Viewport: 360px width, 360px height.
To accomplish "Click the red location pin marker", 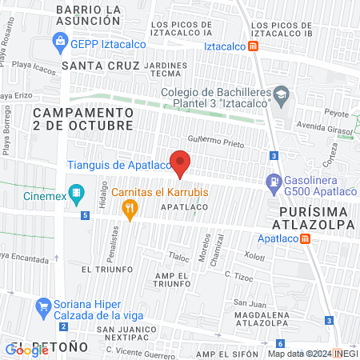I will pyautogui.click(x=181, y=164).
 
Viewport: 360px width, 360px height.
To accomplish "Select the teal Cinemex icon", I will pyautogui.click(x=77, y=193).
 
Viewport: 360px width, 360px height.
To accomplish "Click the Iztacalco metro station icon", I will pyautogui.click(x=254, y=46).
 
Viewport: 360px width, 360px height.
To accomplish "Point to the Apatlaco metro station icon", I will pyautogui.click(x=306, y=239).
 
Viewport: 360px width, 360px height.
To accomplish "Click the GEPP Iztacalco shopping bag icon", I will pyautogui.click(x=60, y=41).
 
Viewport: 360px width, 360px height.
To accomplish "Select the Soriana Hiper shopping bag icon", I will pyautogui.click(x=45, y=306).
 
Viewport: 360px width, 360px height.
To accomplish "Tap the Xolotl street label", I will pyautogui.click(x=254, y=257).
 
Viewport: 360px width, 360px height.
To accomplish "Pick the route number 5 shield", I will pyautogui.click(x=85, y=215).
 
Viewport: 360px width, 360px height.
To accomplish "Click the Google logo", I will pyautogui.click(x=27, y=349).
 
